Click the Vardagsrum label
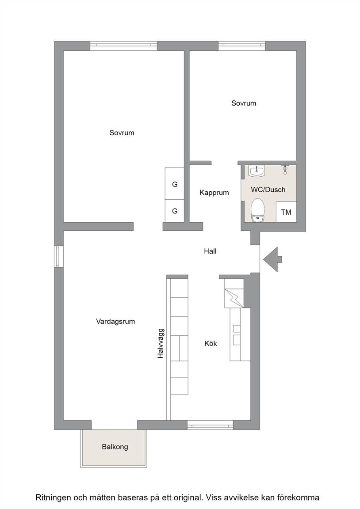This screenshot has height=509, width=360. [115, 322]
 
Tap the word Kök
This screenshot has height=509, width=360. [211, 343]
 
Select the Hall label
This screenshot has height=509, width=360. [210, 251]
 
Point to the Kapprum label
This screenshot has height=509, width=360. [214, 193]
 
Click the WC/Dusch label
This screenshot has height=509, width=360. [268, 190]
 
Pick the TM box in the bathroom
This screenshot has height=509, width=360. [286, 212]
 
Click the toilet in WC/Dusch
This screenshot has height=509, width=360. [258, 210]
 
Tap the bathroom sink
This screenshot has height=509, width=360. [257, 171]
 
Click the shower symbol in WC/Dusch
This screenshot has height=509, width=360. [285, 169]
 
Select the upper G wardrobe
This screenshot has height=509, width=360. [175, 184]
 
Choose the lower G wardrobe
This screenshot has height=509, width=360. [175, 211]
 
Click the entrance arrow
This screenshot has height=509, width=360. [272, 259]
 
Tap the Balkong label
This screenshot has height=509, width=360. [115, 447]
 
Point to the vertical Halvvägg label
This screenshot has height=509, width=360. [161, 343]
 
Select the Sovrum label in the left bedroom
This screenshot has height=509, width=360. [122, 133]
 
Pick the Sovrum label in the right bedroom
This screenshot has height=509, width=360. [244, 103]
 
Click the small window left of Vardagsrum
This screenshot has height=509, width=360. [59, 257]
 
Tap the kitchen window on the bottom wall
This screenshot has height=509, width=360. [210, 425]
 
